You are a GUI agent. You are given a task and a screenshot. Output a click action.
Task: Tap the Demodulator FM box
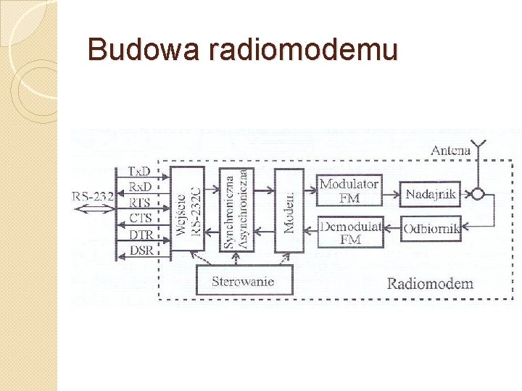350,232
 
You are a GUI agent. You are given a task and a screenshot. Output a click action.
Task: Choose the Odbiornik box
431,229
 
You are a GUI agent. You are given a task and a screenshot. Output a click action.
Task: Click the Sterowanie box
244,280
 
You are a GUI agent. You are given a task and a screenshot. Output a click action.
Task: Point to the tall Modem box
289,210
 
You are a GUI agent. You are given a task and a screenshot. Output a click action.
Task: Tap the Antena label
451,151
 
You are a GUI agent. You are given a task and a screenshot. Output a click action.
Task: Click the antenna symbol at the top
478,149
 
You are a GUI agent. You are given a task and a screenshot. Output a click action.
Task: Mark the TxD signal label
139,172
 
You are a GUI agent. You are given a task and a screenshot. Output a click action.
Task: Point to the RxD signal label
139,187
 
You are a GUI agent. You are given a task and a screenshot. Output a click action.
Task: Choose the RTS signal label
139,203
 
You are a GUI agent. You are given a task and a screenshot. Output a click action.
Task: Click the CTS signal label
139,218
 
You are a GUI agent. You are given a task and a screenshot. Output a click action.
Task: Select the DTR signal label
139,234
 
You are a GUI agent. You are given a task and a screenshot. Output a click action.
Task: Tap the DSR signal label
139,250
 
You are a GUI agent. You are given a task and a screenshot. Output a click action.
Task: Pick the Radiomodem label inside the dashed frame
430,283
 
